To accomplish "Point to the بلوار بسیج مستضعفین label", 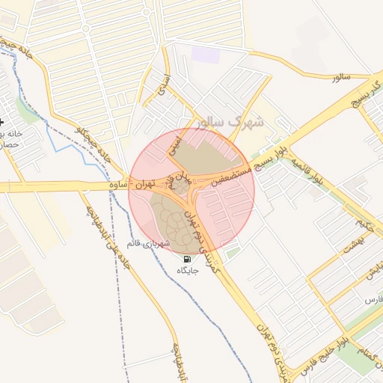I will tap(236, 173).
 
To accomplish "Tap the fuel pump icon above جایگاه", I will tap(186, 259).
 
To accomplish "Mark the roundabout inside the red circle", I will tap(182, 183).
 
